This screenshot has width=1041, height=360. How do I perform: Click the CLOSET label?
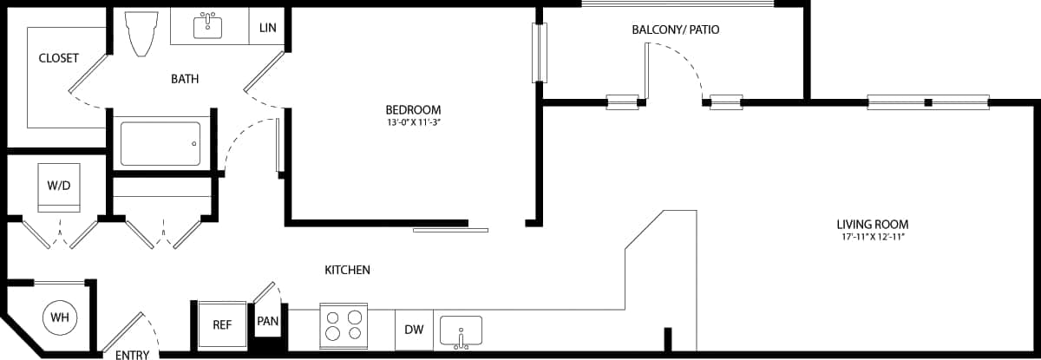[x=58, y=59]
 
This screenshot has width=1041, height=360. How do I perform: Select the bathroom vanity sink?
[x=207, y=26]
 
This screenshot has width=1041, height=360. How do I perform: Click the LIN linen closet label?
[x=267, y=28]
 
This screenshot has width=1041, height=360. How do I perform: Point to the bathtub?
[x=160, y=144]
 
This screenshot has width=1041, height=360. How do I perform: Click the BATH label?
[x=184, y=79]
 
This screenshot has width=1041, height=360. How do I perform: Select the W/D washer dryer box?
[x=59, y=187]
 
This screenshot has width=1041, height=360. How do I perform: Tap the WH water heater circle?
[x=59, y=317]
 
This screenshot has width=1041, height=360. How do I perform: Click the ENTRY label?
[x=132, y=355]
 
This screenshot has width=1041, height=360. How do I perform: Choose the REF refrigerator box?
[x=222, y=324]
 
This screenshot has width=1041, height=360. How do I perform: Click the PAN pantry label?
[x=267, y=321]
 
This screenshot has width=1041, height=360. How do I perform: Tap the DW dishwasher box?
[x=415, y=330]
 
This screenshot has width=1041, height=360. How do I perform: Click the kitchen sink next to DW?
[x=461, y=331]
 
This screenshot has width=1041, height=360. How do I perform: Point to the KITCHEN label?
[x=347, y=270]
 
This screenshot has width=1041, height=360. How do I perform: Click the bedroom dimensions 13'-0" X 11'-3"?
[x=413, y=123]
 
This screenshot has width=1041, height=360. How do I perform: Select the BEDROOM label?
[x=413, y=110]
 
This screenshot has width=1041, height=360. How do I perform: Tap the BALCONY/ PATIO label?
[x=675, y=29]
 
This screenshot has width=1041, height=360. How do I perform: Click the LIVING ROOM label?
[x=872, y=224]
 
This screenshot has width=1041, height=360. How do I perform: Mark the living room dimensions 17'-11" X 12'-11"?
[x=872, y=236]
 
